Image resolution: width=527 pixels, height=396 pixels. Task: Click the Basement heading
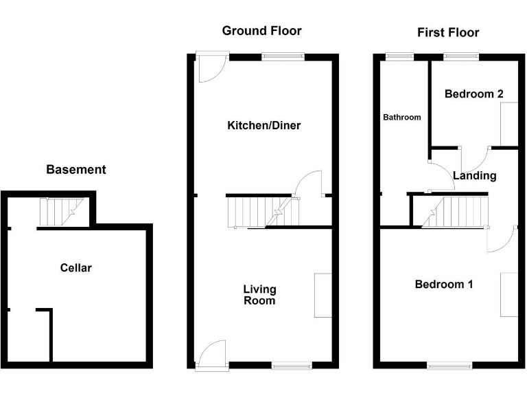point(75,169)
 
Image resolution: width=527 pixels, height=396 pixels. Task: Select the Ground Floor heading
point(261,31)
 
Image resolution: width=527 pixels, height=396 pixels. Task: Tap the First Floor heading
point(448,32)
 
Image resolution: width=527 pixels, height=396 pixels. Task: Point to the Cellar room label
point(75,267)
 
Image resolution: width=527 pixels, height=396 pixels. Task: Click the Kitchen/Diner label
point(264,125)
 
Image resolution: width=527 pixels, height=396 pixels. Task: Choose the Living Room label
point(259,295)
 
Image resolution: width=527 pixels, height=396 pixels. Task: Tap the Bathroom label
point(401,117)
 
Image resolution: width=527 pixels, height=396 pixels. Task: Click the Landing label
point(474,175)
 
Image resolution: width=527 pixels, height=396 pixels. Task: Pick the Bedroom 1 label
point(443,284)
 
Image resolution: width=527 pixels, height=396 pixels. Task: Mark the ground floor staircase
point(263,212)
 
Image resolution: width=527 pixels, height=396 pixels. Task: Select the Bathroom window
point(396,56)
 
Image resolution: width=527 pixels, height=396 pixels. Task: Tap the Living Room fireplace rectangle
point(323,295)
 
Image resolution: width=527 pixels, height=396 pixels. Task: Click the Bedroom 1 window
point(450,365)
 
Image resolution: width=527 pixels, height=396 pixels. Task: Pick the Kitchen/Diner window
point(282,56)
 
